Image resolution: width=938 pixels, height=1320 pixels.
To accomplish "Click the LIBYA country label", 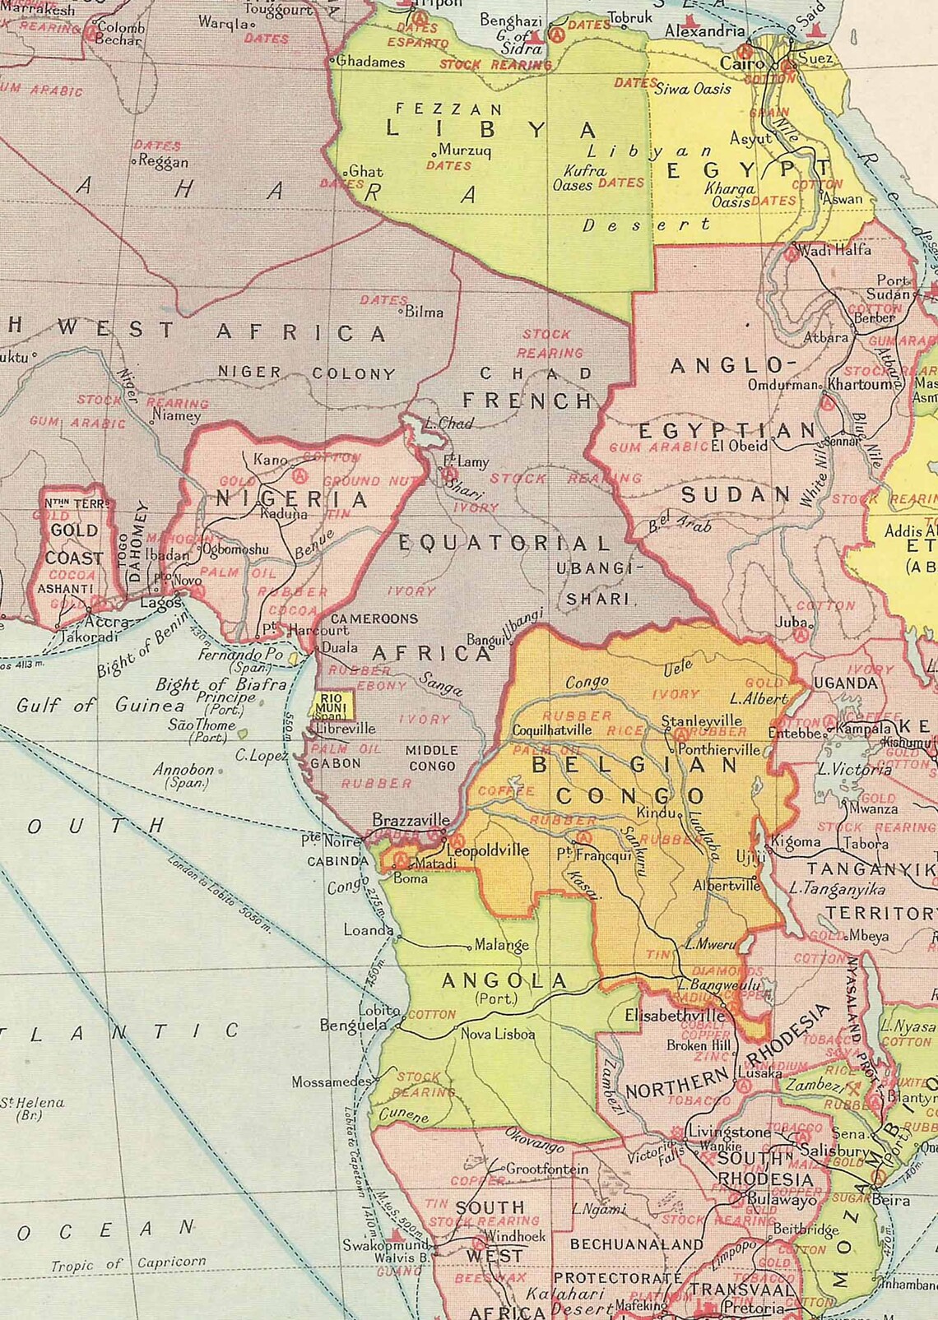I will pyautogui.click(x=490, y=130).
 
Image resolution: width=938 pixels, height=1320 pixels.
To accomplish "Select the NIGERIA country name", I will pyautogui.click(x=292, y=499).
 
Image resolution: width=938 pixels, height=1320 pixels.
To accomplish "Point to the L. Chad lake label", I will pyautogui.click(x=448, y=424).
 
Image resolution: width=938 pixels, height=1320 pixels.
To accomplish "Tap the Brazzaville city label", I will pyautogui.click(x=411, y=820).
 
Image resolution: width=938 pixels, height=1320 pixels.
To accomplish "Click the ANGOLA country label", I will pyautogui.click(x=504, y=980).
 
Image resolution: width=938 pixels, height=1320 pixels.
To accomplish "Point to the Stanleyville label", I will pyautogui.click(x=702, y=721).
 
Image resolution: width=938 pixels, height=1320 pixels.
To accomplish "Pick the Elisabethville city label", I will pyautogui.click(x=675, y=1015).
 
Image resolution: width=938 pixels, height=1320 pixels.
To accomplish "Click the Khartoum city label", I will pyautogui.click(x=860, y=383).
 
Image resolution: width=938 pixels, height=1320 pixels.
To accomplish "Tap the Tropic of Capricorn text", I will pyautogui.click(x=128, y=1264).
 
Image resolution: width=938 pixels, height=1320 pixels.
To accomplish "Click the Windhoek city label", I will pyautogui.click(x=515, y=1236).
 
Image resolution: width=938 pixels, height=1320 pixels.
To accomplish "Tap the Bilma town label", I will pyautogui.click(x=424, y=312).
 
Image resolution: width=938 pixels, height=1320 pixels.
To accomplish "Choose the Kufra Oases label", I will pyautogui.click(x=583, y=178).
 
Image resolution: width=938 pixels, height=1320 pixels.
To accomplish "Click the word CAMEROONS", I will pyautogui.click(x=374, y=618).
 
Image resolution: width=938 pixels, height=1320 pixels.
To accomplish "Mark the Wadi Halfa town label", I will pyautogui.click(x=835, y=250).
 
